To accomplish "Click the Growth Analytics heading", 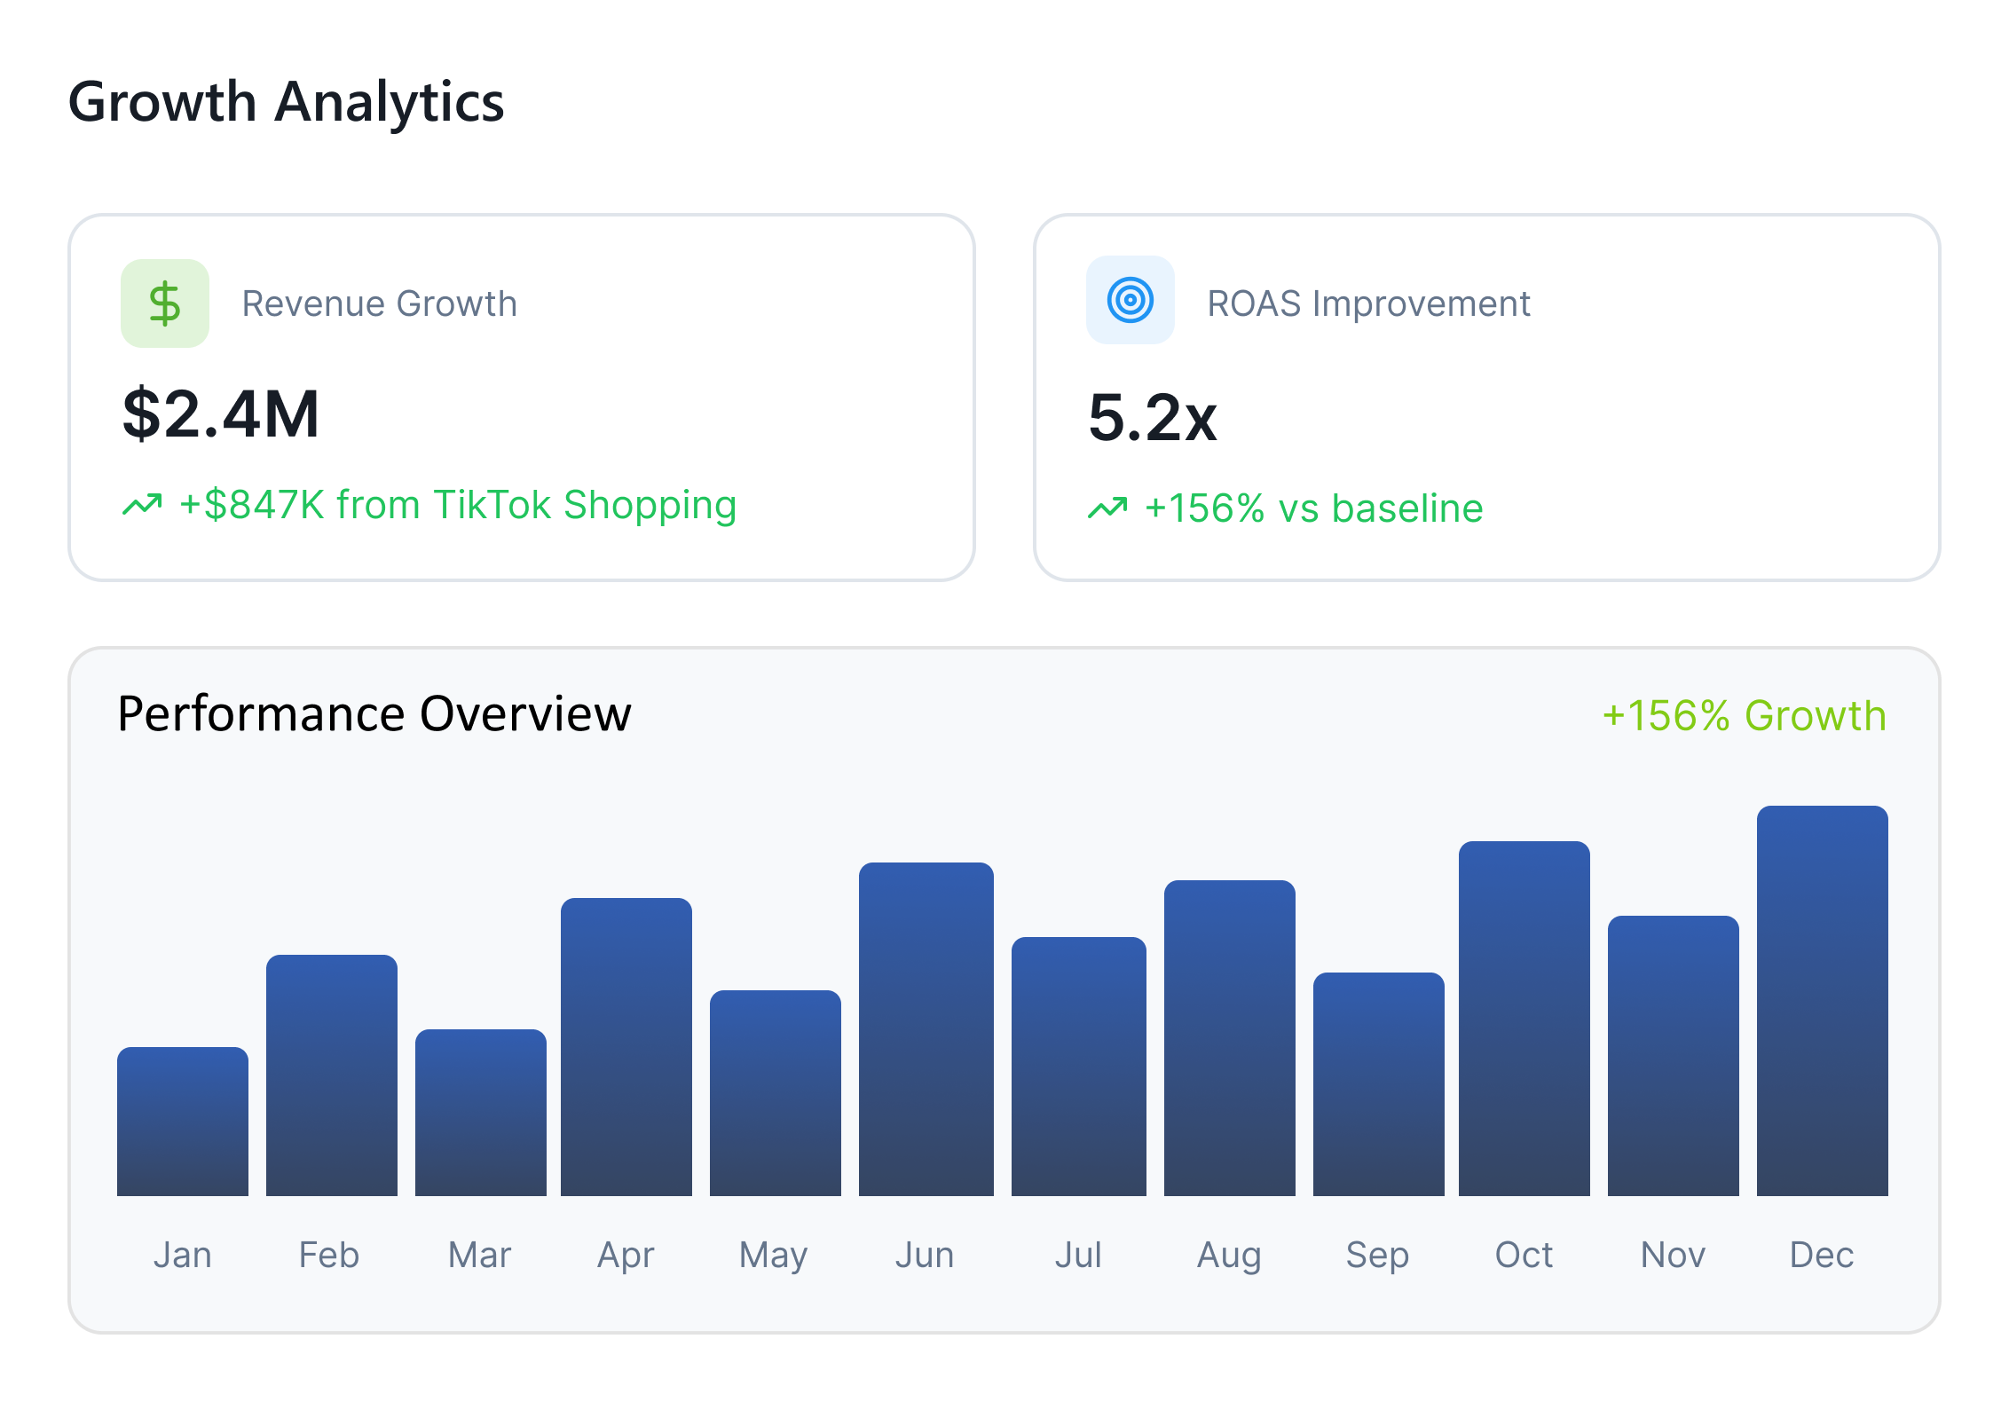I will [286, 102].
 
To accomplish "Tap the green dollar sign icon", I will [165, 303].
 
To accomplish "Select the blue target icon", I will [1130, 300].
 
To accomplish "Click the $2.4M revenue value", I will [221, 414].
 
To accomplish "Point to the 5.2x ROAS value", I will [1152, 418].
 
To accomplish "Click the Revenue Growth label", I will [379, 303].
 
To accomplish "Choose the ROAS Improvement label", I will [1368, 303].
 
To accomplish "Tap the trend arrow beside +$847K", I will [142, 505].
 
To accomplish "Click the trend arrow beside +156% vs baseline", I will [1107, 508].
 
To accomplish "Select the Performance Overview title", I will [374, 714].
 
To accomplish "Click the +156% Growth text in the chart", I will [1744, 716].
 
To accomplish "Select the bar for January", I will [183, 1122].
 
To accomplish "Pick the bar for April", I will [626, 1047].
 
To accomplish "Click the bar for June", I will [926, 1029].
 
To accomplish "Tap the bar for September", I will [1378, 1084].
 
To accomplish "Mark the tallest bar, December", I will [1822, 1001].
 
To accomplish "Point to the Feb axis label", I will [329, 1255].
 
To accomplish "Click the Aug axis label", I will [1229, 1255].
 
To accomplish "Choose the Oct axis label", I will [1524, 1255].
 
